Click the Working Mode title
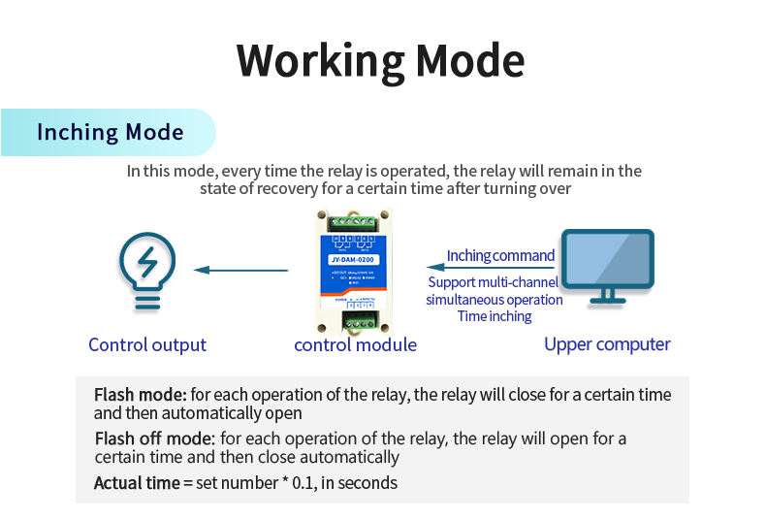pyautogui.click(x=381, y=60)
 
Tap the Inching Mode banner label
pyautogui.click(x=110, y=132)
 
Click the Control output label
pyautogui.click(x=147, y=344)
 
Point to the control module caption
pyautogui.click(x=355, y=344)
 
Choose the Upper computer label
pyautogui.click(x=607, y=344)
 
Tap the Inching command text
pyautogui.click(x=500, y=256)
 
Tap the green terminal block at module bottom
pyautogui.click(x=355, y=321)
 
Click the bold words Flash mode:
pyautogui.click(x=140, y=395)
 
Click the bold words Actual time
pyautogui.click(x=136, y=482)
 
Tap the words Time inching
pyautogui.click(x=495, y=316)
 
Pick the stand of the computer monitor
pyautogui.click(x=608, y=294)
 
